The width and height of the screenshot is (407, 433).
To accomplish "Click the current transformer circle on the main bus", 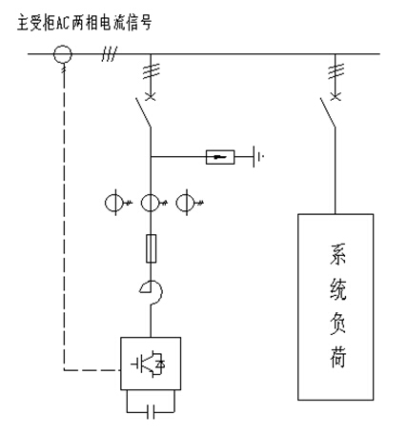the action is coord(63,46).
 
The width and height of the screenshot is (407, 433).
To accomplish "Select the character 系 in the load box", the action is coord(337,254).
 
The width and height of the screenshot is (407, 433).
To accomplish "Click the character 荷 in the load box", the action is coord(337,357).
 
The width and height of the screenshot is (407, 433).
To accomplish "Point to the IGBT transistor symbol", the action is coord(148,364).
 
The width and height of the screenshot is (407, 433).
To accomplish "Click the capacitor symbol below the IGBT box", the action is coord(151,412).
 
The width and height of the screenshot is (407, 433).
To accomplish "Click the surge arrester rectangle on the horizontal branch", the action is coord(220,157).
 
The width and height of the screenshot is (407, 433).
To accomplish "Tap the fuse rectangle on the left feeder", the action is coord(151,248).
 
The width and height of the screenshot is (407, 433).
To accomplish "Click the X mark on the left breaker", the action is coord(151,96).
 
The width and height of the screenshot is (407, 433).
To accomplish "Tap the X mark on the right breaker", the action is coord(336,96).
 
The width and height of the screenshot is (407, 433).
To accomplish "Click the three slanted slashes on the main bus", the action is coord(110,53).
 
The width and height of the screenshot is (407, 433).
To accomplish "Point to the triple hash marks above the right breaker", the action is coord(336,71).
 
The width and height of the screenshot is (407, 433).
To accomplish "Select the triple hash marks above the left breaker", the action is coord(152,71).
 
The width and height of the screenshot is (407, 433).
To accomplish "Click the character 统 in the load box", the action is coord(337,288).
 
